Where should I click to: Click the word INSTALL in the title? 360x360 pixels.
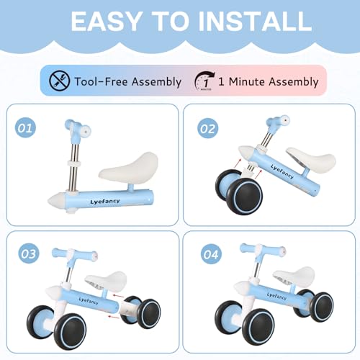pos(255,21)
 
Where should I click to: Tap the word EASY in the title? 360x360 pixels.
pos(106,21)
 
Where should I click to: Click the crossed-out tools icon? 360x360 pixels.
pos(59,81)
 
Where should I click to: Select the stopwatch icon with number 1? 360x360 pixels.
pos(204,81)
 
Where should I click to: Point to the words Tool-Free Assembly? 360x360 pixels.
pos(128,81)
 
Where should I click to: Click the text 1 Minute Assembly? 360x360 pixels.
pos(269,81)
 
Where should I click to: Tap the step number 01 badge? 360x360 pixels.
pos(25,128)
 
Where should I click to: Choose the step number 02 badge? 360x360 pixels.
pos(208,128)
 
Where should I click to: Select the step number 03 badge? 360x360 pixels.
pos(29,253)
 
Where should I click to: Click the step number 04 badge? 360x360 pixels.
pos(211,254)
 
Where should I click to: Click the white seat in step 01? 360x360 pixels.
pos(129,166)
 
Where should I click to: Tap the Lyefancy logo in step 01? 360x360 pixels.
pos(105,201)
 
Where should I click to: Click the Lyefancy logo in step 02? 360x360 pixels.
pos(282,171)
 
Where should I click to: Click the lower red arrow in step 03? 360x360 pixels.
pos(113,317)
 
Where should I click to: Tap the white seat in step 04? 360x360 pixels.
pos(294,276)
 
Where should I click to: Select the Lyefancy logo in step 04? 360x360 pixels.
pos(276,296)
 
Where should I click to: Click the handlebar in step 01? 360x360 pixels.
pos(78,129)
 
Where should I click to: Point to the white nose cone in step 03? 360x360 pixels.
pos(54,292)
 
